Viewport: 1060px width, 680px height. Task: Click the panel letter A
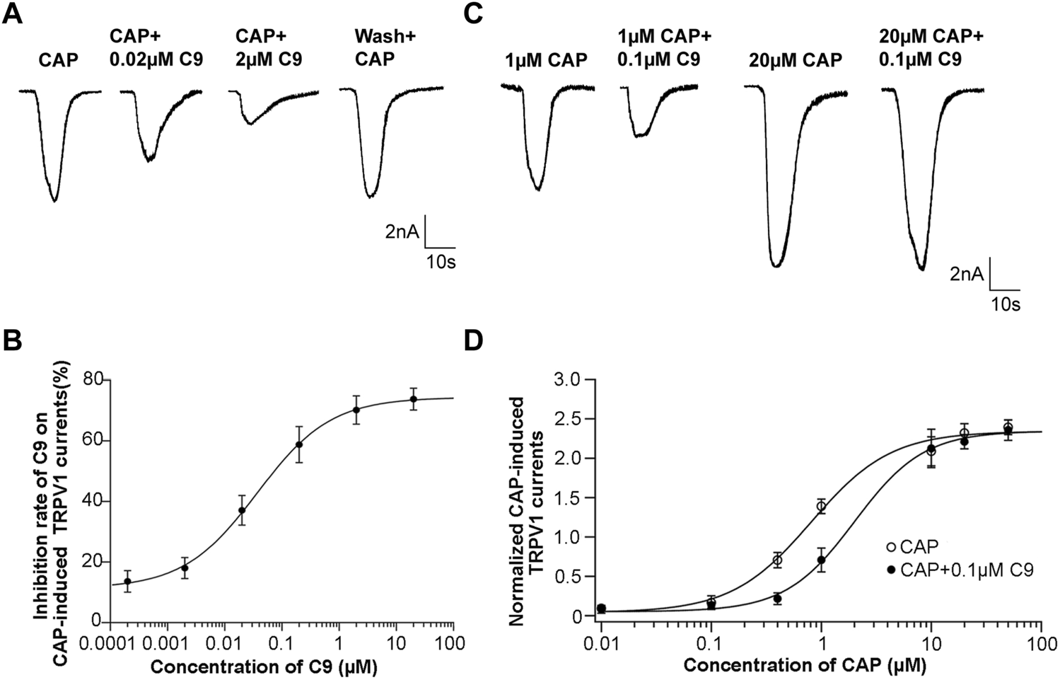[x=13, y=13]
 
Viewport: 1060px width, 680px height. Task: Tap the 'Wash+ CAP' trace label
[x=375, y=48]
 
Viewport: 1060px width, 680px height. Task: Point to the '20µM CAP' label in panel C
[x=796, y=61]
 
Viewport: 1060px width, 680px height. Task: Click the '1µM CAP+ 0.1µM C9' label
[x=664, y=48]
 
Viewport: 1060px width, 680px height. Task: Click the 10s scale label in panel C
[x=1004, y=305]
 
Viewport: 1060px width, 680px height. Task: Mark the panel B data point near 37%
[x=242, y=510]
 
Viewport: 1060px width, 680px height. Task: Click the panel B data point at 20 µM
[x=414, y=399]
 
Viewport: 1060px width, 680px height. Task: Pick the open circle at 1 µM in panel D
[x=821, y=506]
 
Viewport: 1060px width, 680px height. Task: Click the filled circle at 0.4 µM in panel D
[x=777, y=599]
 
